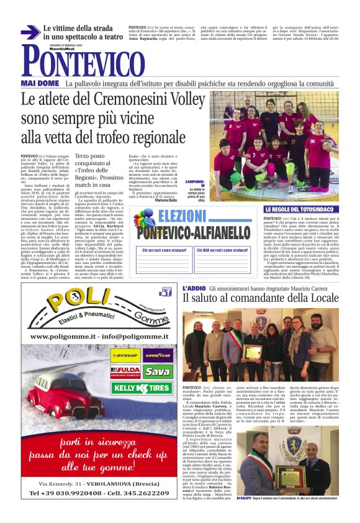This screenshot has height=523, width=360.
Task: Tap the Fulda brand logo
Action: pos(125,372)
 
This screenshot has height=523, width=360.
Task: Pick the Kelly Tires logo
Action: pos(142,388)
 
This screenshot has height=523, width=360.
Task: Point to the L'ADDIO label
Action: pos(193,289)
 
